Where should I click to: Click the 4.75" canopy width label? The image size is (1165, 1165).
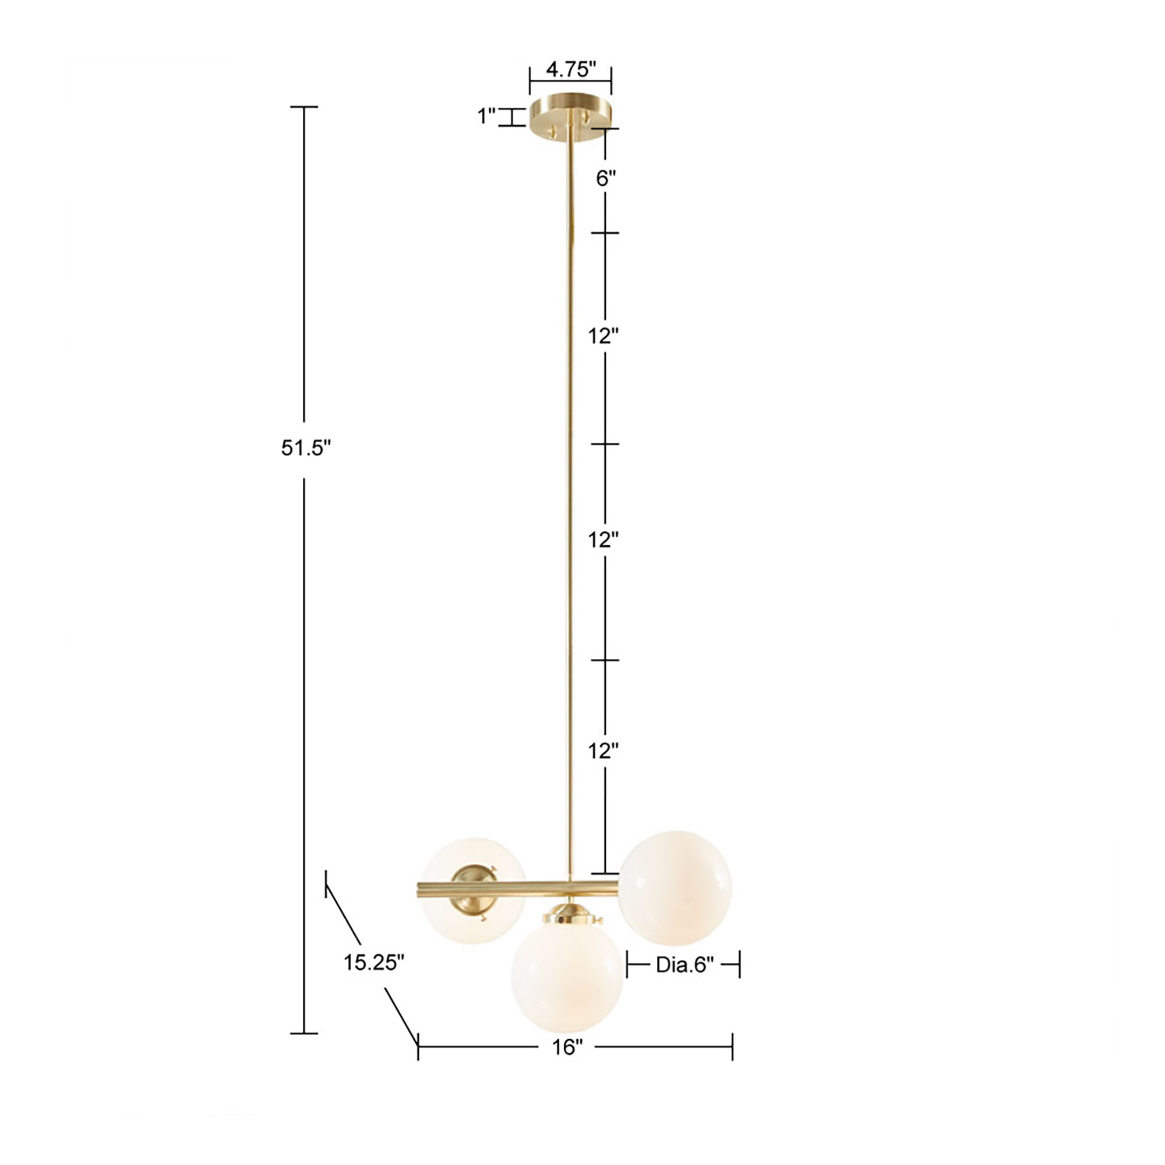pyautogui.click(x=570, y=70)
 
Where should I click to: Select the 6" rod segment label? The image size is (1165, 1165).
pyautogui.click(x=606, y=178)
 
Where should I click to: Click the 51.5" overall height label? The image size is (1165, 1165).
pyautogui.click(x=306, y=448)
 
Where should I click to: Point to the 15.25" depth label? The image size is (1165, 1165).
pyautogui.click(x=374, y=962)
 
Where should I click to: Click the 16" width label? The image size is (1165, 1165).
pyautogui.click(x=567, y=1047)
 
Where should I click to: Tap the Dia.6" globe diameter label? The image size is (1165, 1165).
pyautogui.click(x=684, y=965)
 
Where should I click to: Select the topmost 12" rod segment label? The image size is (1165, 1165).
pyautogui.click(x=603, y=337)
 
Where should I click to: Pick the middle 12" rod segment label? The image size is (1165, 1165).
pyautogui.click(x=603, y=541)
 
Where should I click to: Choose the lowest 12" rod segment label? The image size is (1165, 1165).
pyautogui.click(x=603, y=751)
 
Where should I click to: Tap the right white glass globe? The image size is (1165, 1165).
pyautogui.click(x=676, y=888)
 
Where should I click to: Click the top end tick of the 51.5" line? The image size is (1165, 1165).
pyautogui.click(x=304, y=107)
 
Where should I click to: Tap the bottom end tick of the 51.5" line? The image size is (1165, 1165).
pyautogui.click(x=304, y=1033)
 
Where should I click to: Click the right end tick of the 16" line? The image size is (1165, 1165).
pyautogui.click(x=732, y=1047)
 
